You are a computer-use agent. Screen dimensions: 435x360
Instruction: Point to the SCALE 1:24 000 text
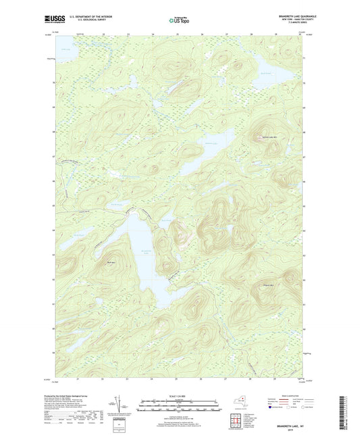179,396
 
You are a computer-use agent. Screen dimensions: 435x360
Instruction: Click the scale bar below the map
179,404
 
